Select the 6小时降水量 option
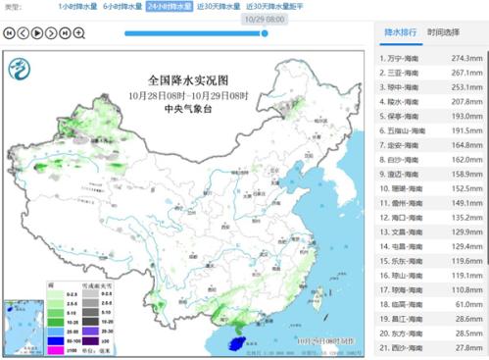[x=122, y=7]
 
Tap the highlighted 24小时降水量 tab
[x=168, y=7]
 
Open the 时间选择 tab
[x=442, y=32]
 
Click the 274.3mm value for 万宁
[x=465, y=58]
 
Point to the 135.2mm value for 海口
[x=465, y=216]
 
